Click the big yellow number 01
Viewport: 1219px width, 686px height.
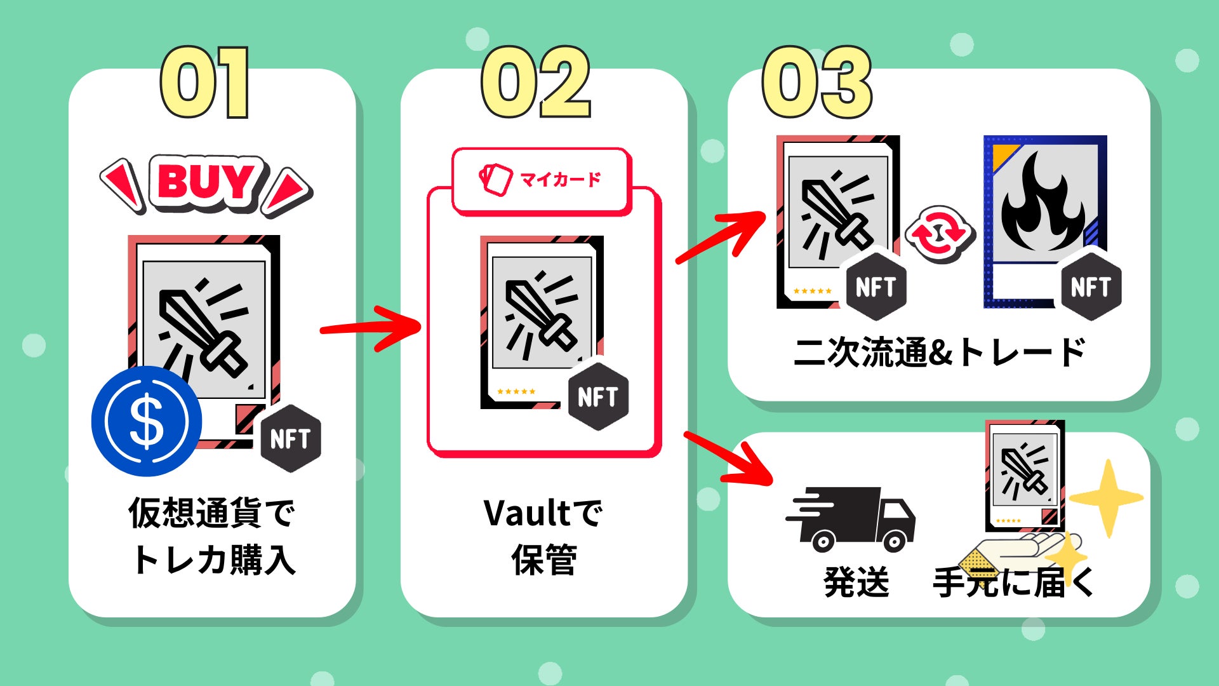pyautogui.click(x=204, y=83)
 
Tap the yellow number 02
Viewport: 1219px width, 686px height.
pyautogui.click(x=536, y=83)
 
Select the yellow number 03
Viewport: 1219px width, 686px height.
pyautogui.click(x=817, y=83)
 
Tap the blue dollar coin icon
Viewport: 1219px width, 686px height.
pyautogui.click(x=147, y=421)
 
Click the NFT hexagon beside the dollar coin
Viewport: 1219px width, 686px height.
pyautogui.click(x=290, y=438)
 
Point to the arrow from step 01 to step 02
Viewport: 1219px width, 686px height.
pyautogui.click(x=371, y=328)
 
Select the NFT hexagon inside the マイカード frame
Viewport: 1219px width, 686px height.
pyautogui.click(x=597, y=397)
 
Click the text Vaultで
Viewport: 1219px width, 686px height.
pyautogui.click(x=543, y=513)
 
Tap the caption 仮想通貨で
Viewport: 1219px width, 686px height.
pyautogui.click(x=212, y=513)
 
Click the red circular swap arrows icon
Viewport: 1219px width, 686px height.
pyautogui.click(x=939, y=233)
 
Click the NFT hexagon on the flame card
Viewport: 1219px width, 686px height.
pyautogui.click(x=1090, y=287)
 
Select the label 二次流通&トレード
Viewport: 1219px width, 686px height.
pyautogui.click(x=939, y=353)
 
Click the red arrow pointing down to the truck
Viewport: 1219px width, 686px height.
pyautogui.click(x=730, y=458)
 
